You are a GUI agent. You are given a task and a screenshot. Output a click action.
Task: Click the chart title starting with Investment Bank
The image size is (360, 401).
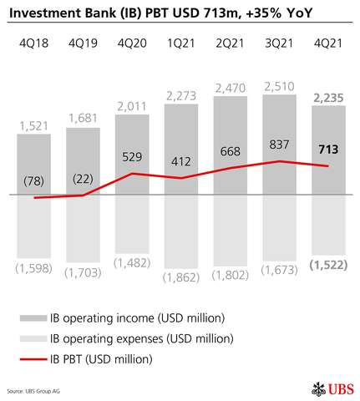pos(167,12)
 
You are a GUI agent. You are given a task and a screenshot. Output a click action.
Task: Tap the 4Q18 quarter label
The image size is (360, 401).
pos(33,43)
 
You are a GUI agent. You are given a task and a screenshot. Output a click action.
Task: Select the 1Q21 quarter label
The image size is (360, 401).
pos(180,43)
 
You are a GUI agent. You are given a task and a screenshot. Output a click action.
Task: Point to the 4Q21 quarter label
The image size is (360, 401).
pos(327,43)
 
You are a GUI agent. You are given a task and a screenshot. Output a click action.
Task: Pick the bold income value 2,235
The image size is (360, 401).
pos(327,98)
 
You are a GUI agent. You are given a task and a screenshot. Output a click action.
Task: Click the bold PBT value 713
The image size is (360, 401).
pos(327,149)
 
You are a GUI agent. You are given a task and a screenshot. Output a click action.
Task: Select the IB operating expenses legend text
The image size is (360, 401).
pos(142,338)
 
